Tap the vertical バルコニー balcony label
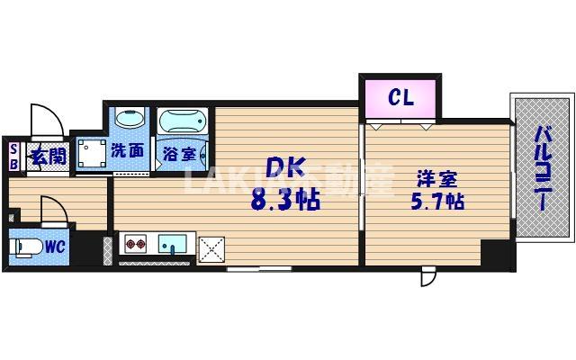(x=544, y=168)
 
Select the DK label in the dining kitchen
(x=285, y=168)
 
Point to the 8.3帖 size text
(x=285, y=200)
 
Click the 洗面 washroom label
(x=128, y=151)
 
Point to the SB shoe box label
(x=13, y=157)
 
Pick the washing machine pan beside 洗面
(x=91, y=153)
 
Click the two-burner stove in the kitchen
(x=136, y=243)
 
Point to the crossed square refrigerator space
(x=213, y=246)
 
